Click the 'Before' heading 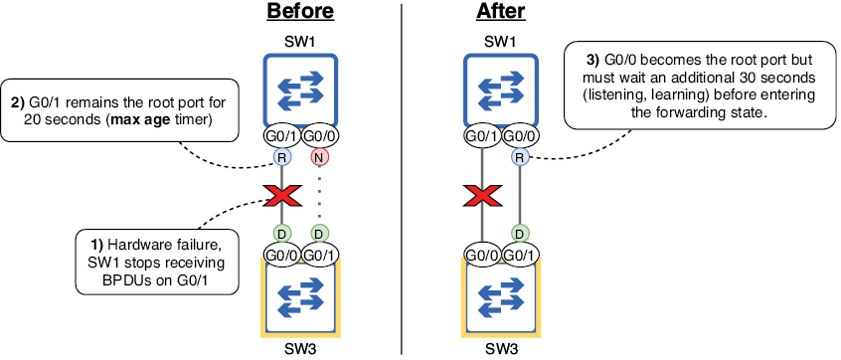tap(300, 11)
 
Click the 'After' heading tap(500, 11)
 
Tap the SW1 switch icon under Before tap(300, 89)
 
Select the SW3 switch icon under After tap(500, 297)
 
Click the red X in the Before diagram tap(281, 195)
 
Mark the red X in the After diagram tap(481, 195)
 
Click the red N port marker tap(319, 157)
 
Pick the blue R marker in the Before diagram tap(281, 157)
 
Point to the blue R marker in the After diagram tap(519, 157)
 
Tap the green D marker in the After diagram tap(519, 234)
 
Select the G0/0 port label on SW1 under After tap(520, 137)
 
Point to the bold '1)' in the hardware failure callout tap(97, 246)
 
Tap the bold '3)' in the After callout tap(594, 59)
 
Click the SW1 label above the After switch tap(500, 41)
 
